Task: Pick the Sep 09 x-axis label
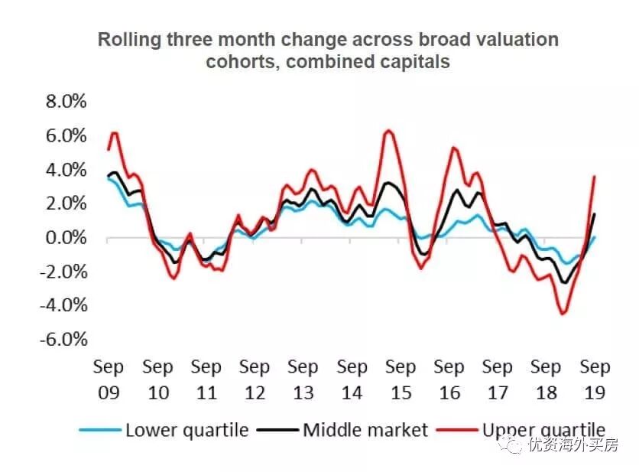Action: pyautogui.click(x=109, y=379)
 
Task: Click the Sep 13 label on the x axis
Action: pyautogui.click(x=303, y=379)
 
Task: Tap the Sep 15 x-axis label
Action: pyautogui.click(x=401, y=379)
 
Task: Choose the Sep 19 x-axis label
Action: pyautogui.click(x=595, y=379)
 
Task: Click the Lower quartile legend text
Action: pyautogui.click(x=187, y=430)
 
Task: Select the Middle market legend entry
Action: pyautogui.click(x=365, y=430)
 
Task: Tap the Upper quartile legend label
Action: pyautogui.click(x=543, y=430)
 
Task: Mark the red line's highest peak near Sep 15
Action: pyautogui.click(x=388, y=130)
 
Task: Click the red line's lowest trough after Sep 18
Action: pyautogui.click(x=563, y=314)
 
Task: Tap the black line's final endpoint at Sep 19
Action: pyautogui.click(x=595, y=213)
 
